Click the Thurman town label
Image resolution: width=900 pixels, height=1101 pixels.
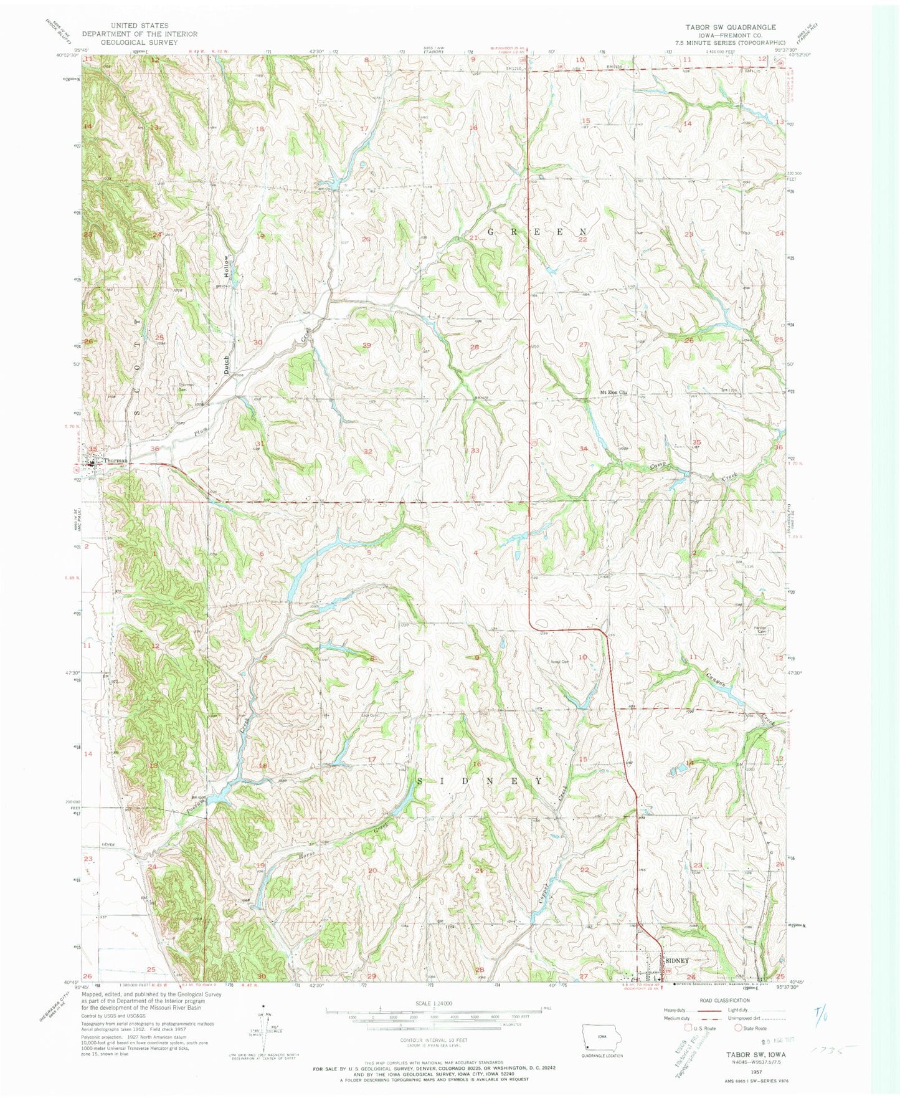[116, 460]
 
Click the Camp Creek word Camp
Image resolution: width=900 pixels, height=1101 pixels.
[658, 465]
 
